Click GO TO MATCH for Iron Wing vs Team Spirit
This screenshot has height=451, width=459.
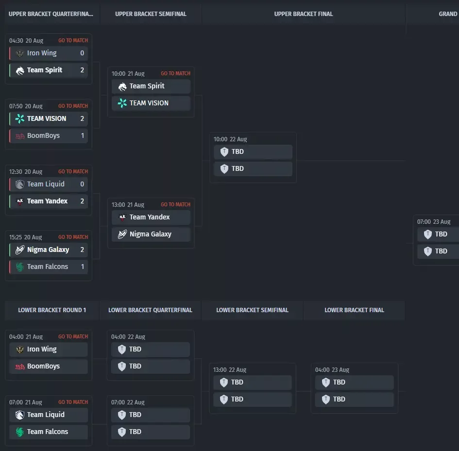click(x=73, y=40)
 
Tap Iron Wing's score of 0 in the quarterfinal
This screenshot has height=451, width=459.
click(x=82, y=53)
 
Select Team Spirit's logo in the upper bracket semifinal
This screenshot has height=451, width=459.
click(x=122, y=86)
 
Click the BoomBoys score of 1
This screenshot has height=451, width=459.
click(x=83, y=135)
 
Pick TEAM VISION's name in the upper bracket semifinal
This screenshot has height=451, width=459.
click(x=149, y=103)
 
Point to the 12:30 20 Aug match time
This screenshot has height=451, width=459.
click(x=26, y=171)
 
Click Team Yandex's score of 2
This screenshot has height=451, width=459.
click(x=82, y=201)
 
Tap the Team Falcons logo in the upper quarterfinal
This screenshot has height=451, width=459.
click(x=19, y=267)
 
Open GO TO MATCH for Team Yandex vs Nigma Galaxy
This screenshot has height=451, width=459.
click(x=175, y=204)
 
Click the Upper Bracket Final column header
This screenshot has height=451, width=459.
click(x=303, y=14)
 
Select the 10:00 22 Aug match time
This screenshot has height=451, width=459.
click(x=230, y=139)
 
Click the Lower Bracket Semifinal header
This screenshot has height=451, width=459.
click(x=253, y=310)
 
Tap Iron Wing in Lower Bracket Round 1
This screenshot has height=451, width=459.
click(x=42, y=349)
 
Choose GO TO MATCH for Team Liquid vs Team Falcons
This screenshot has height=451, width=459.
click(x=73, y=402)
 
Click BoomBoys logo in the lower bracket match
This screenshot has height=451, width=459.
click(x=19, y=367)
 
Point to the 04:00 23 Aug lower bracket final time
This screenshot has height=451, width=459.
click(x=332, y=369)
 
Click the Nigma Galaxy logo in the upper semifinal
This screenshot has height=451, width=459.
click(x=122, y=234)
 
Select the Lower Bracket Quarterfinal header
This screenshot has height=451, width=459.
click(x=150, y=310)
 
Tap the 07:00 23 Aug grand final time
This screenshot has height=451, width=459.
click(x=434, y=221)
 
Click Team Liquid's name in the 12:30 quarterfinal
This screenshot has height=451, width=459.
click(x=46, y=184)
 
